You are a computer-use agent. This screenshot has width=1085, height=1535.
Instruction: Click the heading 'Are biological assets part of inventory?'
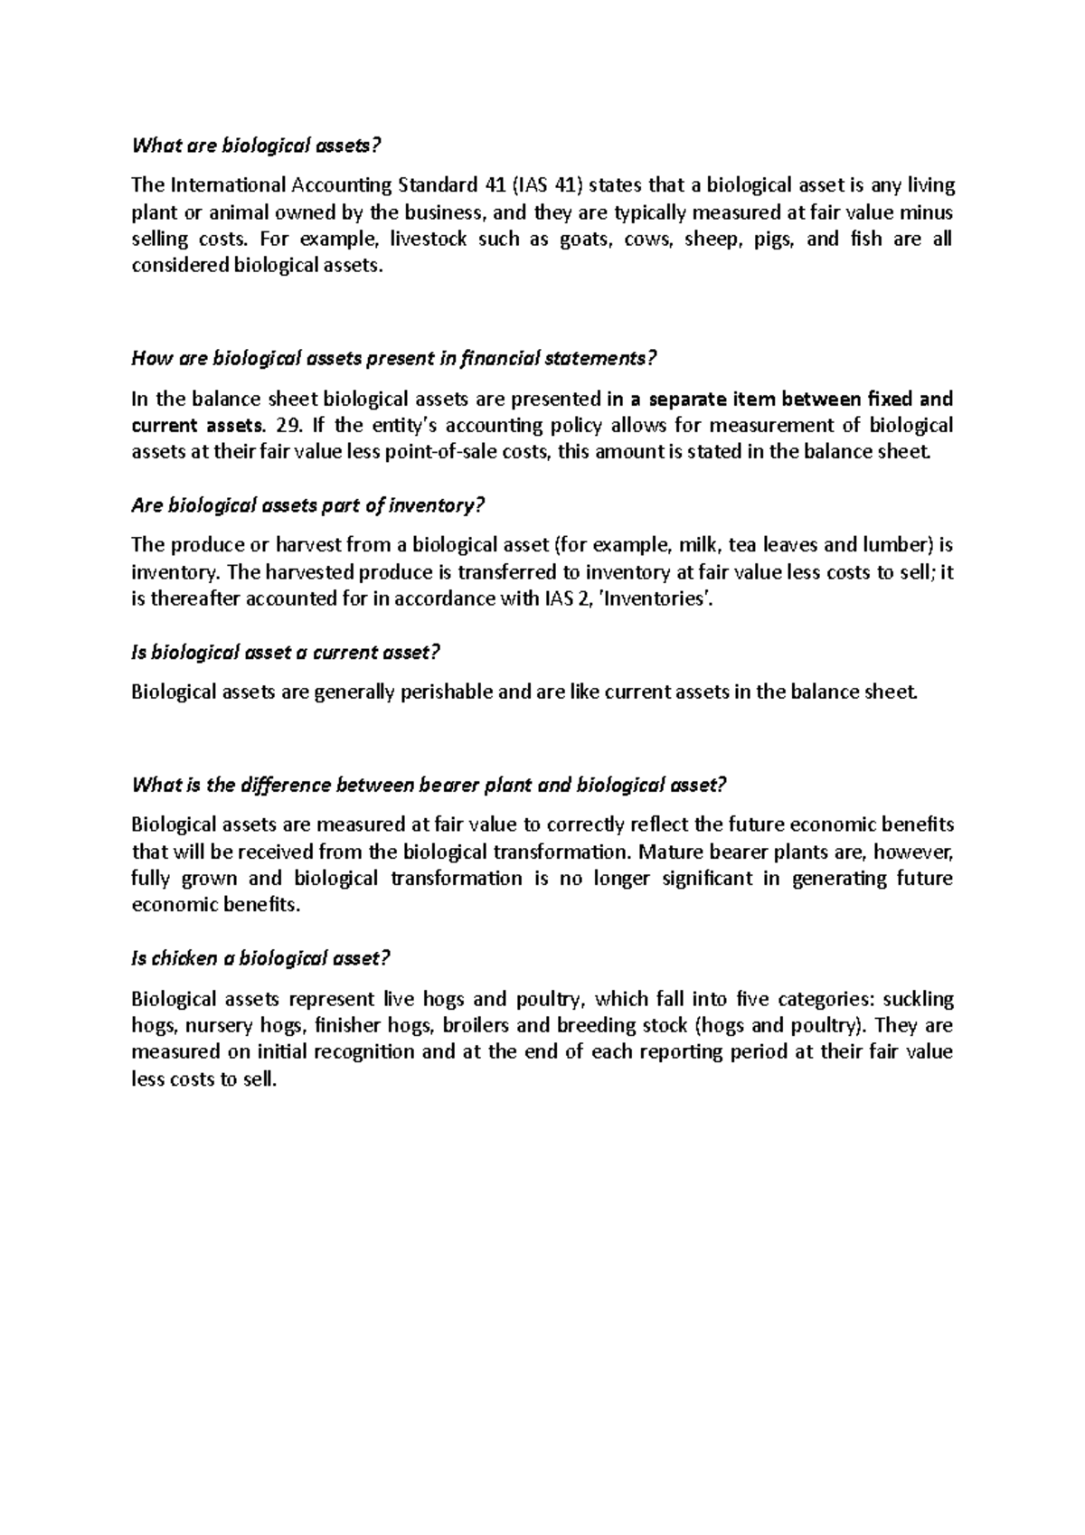(x=308, y=505)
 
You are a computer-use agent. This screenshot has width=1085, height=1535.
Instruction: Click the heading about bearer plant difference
(x=429, y=785)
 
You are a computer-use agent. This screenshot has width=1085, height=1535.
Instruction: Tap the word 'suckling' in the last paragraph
(x=918, y=999)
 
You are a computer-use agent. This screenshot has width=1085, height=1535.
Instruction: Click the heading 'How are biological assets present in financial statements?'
(x=392, y=359)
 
